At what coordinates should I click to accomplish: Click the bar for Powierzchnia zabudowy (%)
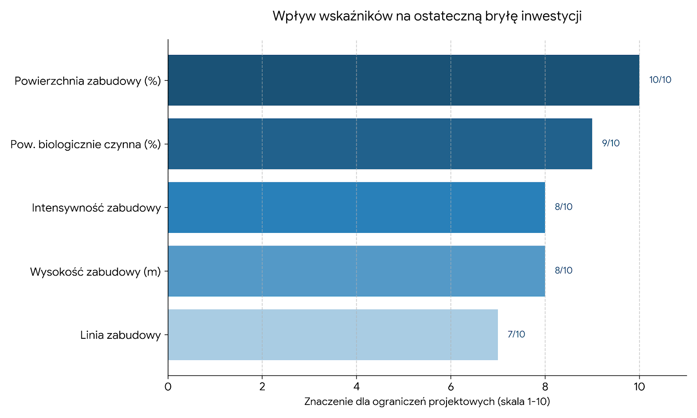(x=403, y=80)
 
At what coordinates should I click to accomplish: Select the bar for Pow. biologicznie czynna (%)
(x=380, y=144)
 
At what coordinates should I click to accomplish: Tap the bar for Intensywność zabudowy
(x=356, y=207)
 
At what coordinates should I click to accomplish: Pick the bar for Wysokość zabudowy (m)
(x=356, y=271)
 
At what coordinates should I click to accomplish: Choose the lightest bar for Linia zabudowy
(x=333, y=334)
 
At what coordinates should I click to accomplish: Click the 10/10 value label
(x=660, y=80)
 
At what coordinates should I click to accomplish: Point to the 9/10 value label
(x=610, y=144)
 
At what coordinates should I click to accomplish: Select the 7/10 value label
(x=516, y=334)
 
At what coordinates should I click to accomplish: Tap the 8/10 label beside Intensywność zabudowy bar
(x=563, y=207)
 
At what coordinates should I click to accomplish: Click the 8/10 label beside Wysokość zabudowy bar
(x=563, y=271)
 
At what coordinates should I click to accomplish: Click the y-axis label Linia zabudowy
(x=121, y=335)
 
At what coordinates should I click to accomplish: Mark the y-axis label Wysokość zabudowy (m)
(x=95, y=272)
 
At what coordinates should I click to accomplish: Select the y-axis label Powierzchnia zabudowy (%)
(x=88, y=81)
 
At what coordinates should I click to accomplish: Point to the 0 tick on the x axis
(x=168, y=387)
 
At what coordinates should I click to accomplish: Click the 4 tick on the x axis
(x=356, y=387)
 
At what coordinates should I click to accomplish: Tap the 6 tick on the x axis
(x=450, y=387)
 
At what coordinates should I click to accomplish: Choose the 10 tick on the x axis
(x=639, y=387)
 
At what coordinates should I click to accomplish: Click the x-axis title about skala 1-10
(x=427, y=401)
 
